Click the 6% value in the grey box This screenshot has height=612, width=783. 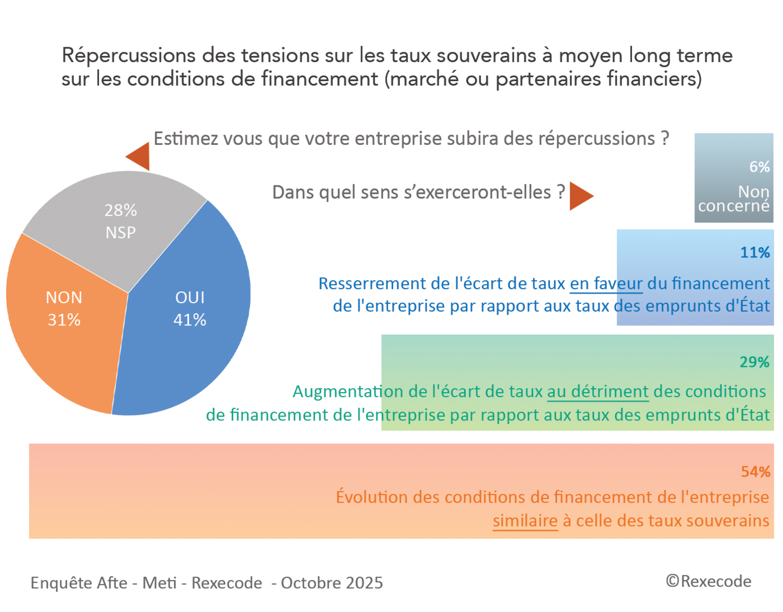click(759, 167)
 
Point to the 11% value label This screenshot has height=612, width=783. click(755, 252)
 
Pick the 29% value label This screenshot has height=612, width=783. click(754, 362)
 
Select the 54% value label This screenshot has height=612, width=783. click(755, 472)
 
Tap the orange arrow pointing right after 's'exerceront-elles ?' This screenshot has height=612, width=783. click(580, 196)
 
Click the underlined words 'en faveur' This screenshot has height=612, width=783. click(606, 283)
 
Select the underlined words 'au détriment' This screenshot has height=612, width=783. click(598, 392)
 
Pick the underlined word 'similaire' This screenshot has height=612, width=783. click(525, 521)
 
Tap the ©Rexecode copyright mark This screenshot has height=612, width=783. click(709, 581)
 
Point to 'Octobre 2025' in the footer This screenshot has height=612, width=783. click(332, 583)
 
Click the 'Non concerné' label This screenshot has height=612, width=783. click(734, 199)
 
